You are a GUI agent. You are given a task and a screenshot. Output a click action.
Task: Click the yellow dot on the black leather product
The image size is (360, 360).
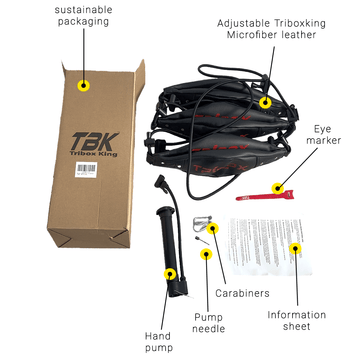(x=264, y=102)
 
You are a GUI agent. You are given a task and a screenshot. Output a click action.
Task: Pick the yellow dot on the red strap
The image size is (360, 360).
(x=279, y=186)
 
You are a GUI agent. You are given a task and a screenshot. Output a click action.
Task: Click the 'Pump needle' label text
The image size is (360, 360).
(x=208, y=321)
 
